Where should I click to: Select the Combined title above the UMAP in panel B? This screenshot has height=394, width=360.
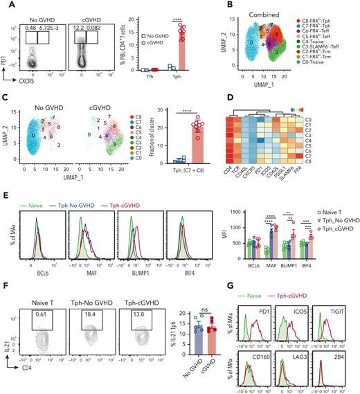tap(261, 7)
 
